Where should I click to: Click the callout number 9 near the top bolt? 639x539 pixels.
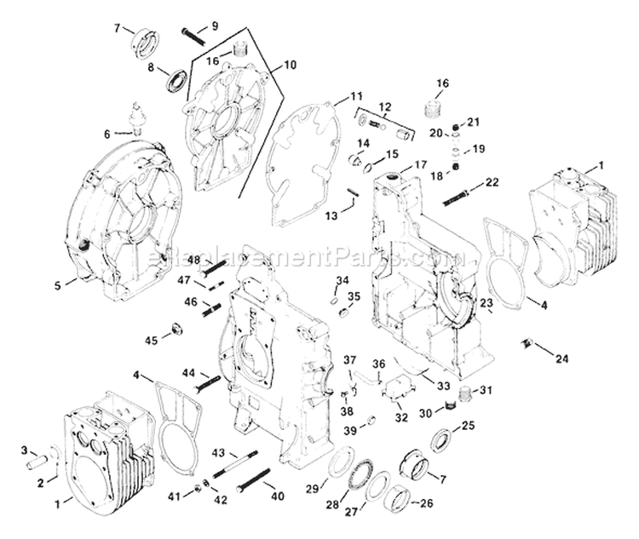(215, 26)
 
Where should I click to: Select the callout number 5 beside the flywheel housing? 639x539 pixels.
(58, 286)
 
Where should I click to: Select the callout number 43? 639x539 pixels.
(218, 451)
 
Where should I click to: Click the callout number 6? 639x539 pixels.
(107, 133)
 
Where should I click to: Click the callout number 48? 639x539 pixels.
(194, 260)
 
